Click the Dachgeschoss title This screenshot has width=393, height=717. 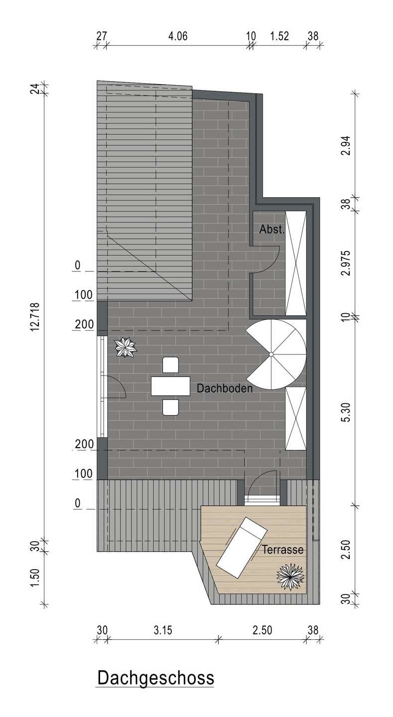coord(156,678)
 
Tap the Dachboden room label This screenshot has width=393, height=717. coord(225,388)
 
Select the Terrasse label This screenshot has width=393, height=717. coord(283,550)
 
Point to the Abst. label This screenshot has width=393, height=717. coord(272,229)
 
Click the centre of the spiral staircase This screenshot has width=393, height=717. coord(271,354)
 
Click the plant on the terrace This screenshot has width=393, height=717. coord(290,577)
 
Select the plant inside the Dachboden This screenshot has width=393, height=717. coord(126,347)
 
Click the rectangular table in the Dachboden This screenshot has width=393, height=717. coord(171,386)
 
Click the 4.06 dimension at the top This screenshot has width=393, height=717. coord(178,36)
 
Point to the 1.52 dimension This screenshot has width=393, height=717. coord(279,36)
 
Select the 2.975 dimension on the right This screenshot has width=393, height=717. coord(347,263)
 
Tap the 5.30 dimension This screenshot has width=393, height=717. coord(347,413)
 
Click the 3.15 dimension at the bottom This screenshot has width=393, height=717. coord(163,630)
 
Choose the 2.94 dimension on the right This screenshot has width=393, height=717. coord(347,146)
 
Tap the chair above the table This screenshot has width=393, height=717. coord(171,365)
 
